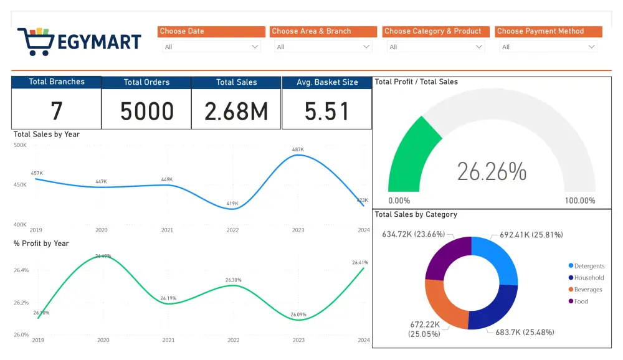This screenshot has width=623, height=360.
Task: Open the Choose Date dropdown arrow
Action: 255,47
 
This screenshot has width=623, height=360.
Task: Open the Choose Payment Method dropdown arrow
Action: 591,47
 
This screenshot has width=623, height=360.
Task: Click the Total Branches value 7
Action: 57,111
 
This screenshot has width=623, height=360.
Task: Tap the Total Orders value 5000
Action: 146,111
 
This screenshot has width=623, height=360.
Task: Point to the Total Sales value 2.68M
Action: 236,111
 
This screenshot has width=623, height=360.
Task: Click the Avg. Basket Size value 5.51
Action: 326,111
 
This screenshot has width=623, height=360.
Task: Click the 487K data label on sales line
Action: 298,149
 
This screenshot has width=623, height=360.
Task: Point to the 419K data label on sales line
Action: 232,203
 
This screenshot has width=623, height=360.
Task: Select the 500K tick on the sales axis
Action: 20,145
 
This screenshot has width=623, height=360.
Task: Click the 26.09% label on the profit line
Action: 298,315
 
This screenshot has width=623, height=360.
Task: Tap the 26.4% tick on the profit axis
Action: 21,270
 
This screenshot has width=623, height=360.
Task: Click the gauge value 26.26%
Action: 492,171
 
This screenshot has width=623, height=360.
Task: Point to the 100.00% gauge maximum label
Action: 579,201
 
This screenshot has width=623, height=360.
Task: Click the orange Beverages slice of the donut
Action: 444,303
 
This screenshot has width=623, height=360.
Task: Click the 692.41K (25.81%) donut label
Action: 531,235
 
